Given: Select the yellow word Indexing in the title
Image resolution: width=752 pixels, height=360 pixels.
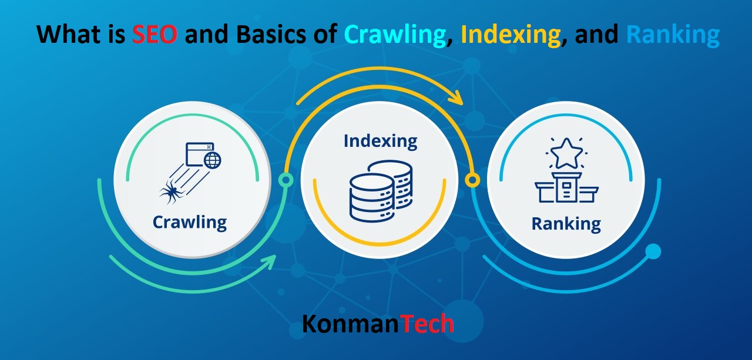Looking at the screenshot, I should (510, 35).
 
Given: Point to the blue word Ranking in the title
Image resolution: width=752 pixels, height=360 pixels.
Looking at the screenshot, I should (672, 35).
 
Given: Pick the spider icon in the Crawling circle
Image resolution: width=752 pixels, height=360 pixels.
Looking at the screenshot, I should (170, 190).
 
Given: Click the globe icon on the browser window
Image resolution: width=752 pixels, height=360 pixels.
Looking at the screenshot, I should (212, 160).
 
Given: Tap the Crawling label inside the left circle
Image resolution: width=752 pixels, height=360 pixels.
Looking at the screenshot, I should (189, 223).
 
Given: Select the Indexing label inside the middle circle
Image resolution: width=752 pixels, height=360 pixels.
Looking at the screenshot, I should (380, 141).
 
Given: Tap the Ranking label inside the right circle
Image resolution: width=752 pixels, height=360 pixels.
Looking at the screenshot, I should (566, 224).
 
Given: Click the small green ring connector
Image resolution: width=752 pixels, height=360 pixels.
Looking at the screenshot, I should (286, 180).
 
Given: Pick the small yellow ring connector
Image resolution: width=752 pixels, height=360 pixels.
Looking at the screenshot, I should (472, 179).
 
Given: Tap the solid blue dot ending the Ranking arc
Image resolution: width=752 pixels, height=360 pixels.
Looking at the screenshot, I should (653, 252).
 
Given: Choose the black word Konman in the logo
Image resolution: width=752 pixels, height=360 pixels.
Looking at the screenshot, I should (351, 324).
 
